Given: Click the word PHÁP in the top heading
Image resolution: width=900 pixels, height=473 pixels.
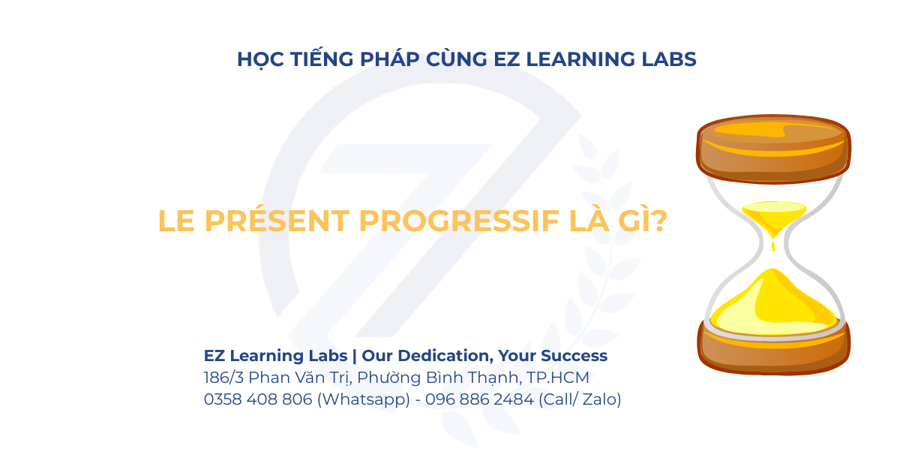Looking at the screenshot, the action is tap(389, 59).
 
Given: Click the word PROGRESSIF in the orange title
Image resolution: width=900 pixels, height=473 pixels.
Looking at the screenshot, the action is tap(459, 221).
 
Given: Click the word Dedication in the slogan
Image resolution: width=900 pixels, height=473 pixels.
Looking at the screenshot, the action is tap(445, 356).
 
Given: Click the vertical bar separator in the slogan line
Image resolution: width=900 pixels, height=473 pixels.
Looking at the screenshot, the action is tap(354, 356).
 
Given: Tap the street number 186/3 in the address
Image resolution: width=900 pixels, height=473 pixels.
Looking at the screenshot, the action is tap(223, 377).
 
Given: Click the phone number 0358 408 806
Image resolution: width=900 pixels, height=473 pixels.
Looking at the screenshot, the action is tap(258, 399).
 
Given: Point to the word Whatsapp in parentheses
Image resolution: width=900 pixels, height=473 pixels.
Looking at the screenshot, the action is tap(364, 399).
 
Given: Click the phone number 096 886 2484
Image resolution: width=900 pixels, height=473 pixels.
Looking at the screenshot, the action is tap(479, 399).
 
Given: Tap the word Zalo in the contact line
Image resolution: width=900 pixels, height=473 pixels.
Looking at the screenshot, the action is tap(599, 399).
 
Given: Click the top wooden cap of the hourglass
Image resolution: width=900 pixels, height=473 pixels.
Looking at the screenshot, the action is tap(773, 149).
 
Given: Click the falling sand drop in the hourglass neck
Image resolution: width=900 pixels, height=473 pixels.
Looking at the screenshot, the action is tap(773, 244).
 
